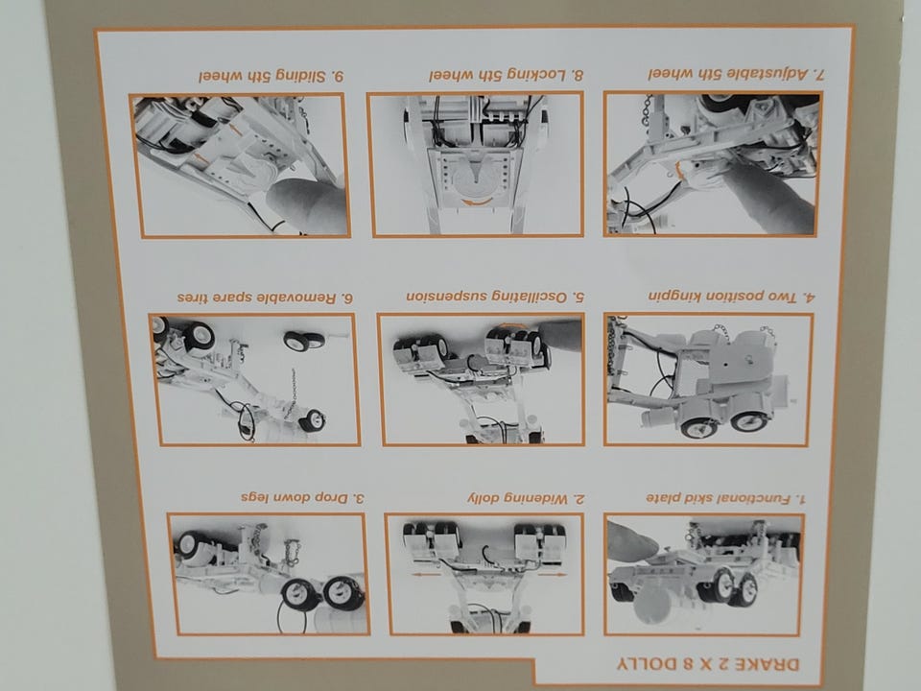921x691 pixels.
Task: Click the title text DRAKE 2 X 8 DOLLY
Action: pyautogui.click(x=708, y=664)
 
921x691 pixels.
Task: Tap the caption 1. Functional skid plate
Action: pyautogui.click(x=726, y=498)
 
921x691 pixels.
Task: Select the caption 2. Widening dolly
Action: pyautogui.click(x=527, y=498)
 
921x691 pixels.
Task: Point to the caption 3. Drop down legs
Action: pyautogui.click(x=302, y=497)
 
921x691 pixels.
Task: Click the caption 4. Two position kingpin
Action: pyautogui.click(x=732, y=297)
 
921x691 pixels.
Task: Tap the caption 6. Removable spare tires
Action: pyautogui.click(x=265, y=298)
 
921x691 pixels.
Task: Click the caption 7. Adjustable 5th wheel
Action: pyautogui.click(x=737, y=74)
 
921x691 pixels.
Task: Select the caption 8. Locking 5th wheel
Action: pyautogui.click(x=507, y=75)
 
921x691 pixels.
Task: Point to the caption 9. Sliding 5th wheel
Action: pyautogui.click(x=271, y=77)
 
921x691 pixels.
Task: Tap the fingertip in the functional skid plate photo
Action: pyautogui.click(x=632, y=540)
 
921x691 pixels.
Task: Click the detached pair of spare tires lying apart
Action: pyautogui.click(x=304, y=340)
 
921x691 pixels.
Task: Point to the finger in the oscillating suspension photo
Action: pyautogui.click(x=561, y=335)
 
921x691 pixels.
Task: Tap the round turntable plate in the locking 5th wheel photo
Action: pyautogui.click(x=478, y=178)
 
